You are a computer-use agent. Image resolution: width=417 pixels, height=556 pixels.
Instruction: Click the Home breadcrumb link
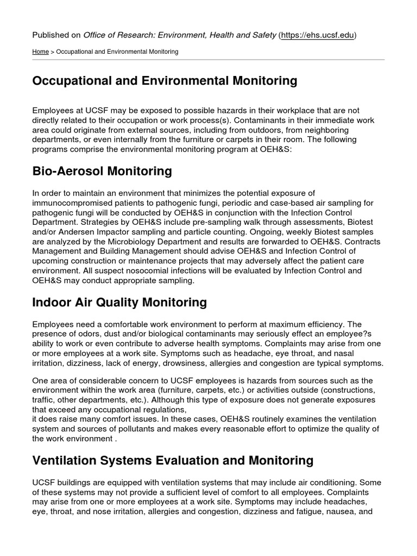(x=40, y=52)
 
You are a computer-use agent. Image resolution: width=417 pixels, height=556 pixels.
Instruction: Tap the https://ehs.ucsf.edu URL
(x=318, y=35)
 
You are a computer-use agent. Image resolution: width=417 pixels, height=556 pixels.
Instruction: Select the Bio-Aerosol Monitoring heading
(x=102, y=172)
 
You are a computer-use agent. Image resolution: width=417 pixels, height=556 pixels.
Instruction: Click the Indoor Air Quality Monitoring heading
(x=119, y=302)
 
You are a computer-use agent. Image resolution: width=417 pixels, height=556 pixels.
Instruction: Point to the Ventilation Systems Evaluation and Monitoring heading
(x=173, y=461)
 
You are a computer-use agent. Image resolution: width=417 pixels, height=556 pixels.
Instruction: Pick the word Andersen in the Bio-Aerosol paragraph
(x=67, y=232)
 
